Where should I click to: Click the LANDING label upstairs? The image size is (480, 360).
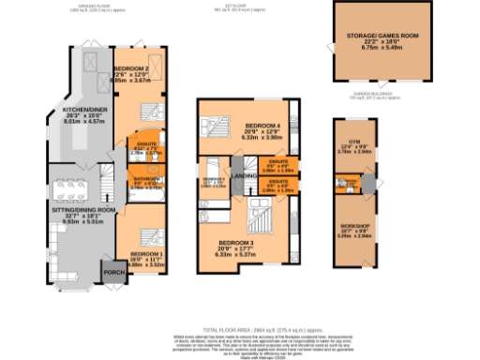[x=246, y=174]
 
